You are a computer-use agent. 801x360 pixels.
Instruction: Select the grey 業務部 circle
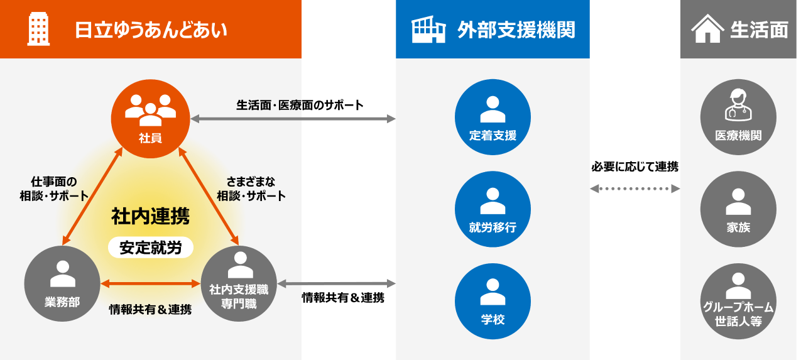point(62,283)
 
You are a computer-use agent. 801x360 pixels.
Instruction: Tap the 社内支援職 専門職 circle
point(238,283)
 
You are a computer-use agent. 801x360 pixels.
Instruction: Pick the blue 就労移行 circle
point(493,209)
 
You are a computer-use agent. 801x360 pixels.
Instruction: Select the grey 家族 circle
point(738,209)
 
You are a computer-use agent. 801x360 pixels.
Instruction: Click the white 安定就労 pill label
point(150,248)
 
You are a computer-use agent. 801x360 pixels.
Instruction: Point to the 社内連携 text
point(150,217)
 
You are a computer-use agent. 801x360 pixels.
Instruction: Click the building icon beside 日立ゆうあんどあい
point(38,30)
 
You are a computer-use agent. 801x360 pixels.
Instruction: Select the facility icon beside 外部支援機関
point(428,30)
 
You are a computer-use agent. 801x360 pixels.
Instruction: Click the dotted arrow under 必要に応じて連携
point(635,188)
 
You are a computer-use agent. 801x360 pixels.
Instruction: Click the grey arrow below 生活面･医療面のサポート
point(293,119)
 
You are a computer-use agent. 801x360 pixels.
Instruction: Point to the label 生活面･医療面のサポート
point(300,105)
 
